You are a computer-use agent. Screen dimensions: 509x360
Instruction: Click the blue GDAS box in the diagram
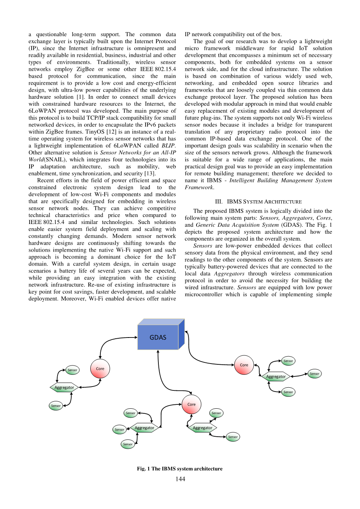(x=158, y=337)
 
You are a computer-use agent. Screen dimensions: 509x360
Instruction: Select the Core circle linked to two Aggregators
(x=191, y=404)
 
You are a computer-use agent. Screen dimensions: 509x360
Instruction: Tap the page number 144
(x=180, y=479)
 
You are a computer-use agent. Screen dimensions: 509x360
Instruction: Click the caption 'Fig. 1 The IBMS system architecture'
(x=180, y=469)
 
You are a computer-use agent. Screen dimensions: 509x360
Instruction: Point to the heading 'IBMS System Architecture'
(x=258, y=201)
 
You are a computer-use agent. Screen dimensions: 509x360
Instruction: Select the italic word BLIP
(x=168, y=146)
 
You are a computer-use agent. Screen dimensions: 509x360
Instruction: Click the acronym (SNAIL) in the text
(x=55, y=159)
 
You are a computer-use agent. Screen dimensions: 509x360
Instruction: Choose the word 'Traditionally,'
(x=114, y=62)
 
